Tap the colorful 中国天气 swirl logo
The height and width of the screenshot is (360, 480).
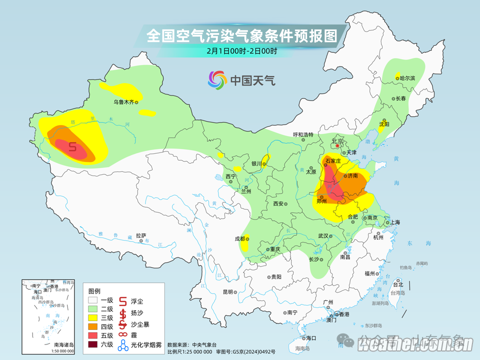point(217,80)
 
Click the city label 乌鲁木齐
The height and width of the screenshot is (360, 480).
point(123,102)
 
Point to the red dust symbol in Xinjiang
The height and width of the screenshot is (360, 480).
point(73,147)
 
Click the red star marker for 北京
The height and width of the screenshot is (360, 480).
point(337,145)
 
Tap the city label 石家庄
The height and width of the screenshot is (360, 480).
point(333,161)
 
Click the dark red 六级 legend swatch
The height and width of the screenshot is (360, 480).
point(93,344)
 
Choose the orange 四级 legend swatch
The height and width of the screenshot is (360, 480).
point(93,326)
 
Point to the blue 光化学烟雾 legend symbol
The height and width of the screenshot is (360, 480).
point(123,344)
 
